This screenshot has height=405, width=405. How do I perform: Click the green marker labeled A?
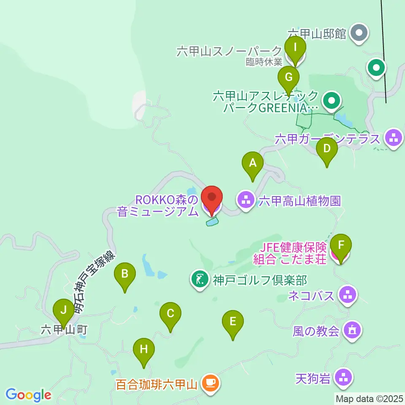click(253, 163)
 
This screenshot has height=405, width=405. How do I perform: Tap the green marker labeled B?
click(125, 274)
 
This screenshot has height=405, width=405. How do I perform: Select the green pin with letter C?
click(170, 314)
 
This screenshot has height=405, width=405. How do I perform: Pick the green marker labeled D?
click(327, 149)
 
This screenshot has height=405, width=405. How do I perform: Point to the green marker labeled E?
click(233, 322)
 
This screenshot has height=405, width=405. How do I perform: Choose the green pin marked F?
click(340, 245)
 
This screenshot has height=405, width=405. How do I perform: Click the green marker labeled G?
click(289, 78)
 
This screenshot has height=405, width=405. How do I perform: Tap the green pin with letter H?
click(144, 350)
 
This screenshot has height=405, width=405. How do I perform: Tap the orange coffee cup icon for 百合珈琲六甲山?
click(210, 383)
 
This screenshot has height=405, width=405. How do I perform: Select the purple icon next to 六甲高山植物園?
click(246, 200)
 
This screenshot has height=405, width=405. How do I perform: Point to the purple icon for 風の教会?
click(352, 329)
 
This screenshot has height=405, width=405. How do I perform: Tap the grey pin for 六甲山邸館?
click(360, 32)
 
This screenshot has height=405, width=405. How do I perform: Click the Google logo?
click(28, 395)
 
